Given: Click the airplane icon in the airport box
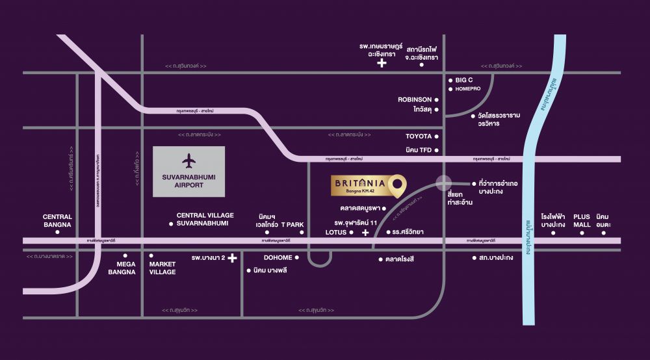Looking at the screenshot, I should pos(188,160).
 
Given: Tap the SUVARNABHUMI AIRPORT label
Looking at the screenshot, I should pos(188,180).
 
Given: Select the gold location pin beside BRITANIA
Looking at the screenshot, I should pos(397,184).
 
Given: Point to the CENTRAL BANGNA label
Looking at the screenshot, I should pos(57,221).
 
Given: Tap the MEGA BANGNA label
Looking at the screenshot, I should pos(126,268).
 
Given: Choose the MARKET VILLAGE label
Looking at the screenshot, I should pos(162,268).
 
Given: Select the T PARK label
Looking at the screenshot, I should pos(292,224).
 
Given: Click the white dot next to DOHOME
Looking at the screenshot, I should pos(297,257).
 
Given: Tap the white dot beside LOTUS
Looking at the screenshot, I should pos(352,232).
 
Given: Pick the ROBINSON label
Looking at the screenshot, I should pos(415,100).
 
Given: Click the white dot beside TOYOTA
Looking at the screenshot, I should pos(437,136).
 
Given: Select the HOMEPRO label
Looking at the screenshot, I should pos(467,88).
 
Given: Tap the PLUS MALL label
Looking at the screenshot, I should pos(582,220).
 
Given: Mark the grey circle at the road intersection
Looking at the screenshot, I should pos(443,184).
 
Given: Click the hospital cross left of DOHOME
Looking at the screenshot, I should pos(232,258).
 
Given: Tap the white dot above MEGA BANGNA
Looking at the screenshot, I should pos(125,255).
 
